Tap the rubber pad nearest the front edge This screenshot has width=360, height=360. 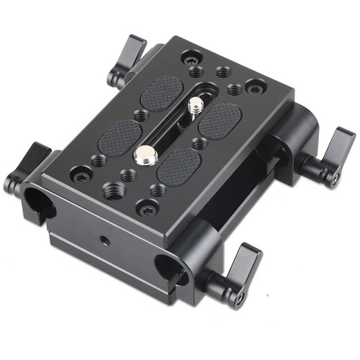click(x=178, y=164)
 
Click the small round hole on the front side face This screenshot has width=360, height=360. click(x=105, y=240)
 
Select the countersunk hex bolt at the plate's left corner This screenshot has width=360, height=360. click(x=81, y=174)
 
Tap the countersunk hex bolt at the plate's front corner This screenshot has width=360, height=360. click(x=148, y=210)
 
